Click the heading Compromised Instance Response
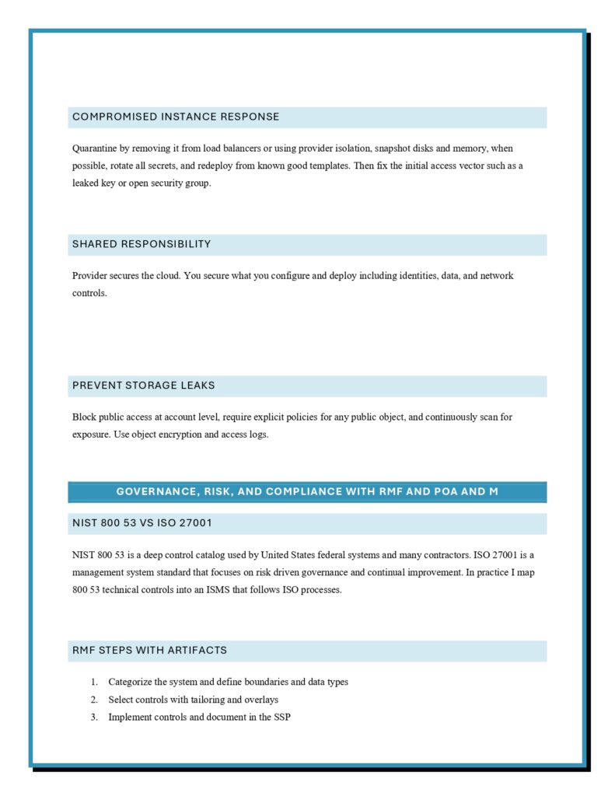coord(176,117)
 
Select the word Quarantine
coord(96,148)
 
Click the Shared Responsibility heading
coord(142,244)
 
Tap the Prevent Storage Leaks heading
coord(144,386)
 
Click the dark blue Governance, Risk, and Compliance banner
coord(307,491)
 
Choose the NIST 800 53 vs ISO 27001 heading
coord(142,523)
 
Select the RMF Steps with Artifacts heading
coord(149,650)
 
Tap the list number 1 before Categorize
coord(93,682)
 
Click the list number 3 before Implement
coord(93,717)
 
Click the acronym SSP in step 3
coord(281,717)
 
